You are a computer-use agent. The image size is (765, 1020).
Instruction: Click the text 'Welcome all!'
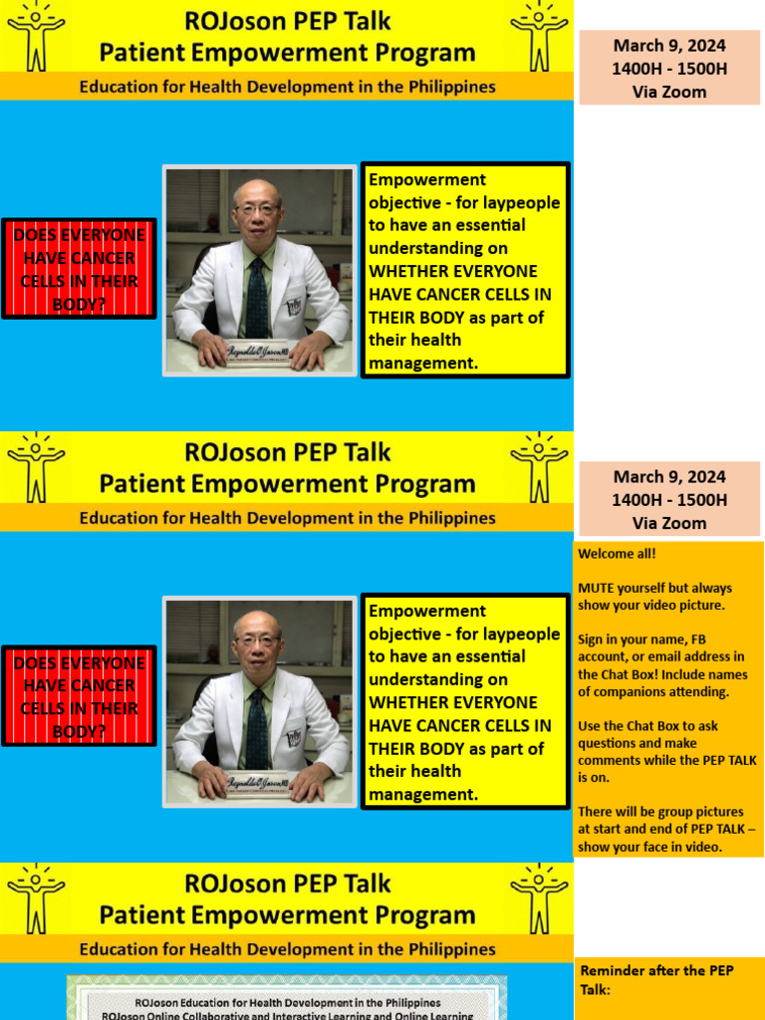click(x=617, y=554)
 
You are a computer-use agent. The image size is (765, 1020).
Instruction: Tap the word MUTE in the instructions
click(x=596, y=588)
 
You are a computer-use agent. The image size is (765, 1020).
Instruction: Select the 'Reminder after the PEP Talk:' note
click(x=642, y=979)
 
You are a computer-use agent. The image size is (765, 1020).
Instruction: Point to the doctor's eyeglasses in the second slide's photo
click(x=256, y=638)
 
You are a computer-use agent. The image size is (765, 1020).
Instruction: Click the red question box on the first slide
click(x=79, y=268)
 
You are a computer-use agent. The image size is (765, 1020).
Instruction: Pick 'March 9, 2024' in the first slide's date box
click(x=669, y=45)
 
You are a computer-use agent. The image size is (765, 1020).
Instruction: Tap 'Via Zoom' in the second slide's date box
click(x=669, y=523)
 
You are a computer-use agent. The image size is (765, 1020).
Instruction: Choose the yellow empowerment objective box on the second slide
click(x=465, y=702)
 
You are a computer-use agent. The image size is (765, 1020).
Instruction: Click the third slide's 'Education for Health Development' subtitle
click(x=287, y=948)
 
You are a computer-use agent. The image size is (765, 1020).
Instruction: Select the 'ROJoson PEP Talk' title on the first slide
click(x=287, y=20)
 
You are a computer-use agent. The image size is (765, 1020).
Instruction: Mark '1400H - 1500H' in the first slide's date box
click(x=669, y=69)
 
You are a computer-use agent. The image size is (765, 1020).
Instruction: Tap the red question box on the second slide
click(x=79, y=696)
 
